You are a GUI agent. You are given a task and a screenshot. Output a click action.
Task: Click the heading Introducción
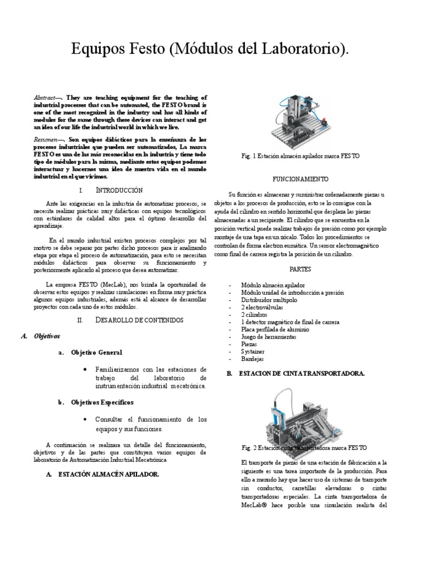pos(120,190)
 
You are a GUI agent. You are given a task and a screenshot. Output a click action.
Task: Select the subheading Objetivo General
pos(96,352)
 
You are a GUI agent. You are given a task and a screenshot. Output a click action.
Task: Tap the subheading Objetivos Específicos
pos(103,403)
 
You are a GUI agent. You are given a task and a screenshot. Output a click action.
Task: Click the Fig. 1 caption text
pos(300,157)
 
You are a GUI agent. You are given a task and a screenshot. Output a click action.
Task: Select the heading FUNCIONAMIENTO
pos(300,179)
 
